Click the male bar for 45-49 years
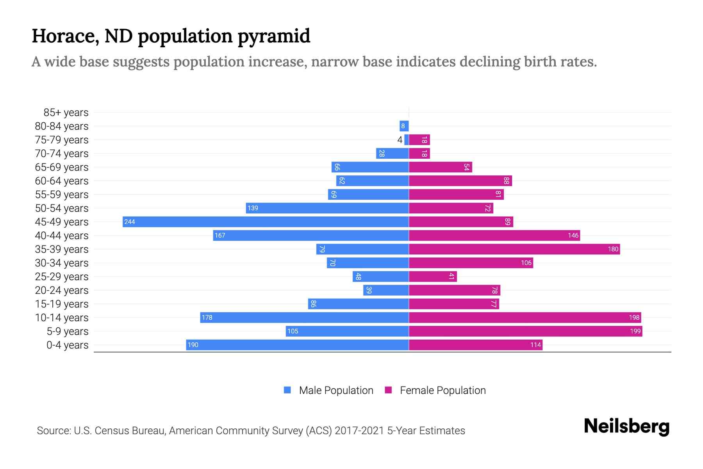pyautogui.click(x=266, y=222)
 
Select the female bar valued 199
pyautogui.click(x=525, y=331)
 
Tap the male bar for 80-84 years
pyautogui.click(x=404, y=126)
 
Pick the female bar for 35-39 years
pyautogui.click(x=514, y=249)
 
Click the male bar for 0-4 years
pyautogui.click(x=297, y=345)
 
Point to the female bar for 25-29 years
pyautogui.click(x=433, y=276)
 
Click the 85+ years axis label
pyautogui.click(x=66, y=113)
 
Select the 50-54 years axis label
pyautogui.click(x=62, y=208)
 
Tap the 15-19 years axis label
pyautogui.click(x=62, y=304)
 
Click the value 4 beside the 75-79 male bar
pyautogui.click(x=400, y=140)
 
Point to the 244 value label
pyautogui.click(x=130, y=222)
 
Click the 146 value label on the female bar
pyautogui.click(x=573, y=236)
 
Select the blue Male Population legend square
pyautogui.click(x=287, y=390)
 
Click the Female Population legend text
pyautogui.click(x=442, y=390)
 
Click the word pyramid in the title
pyautogui.click(x=274, y=36)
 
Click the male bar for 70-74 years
pyautogui.click(x=393, y=153)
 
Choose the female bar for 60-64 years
pyautogui.click(x=460, y=181)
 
